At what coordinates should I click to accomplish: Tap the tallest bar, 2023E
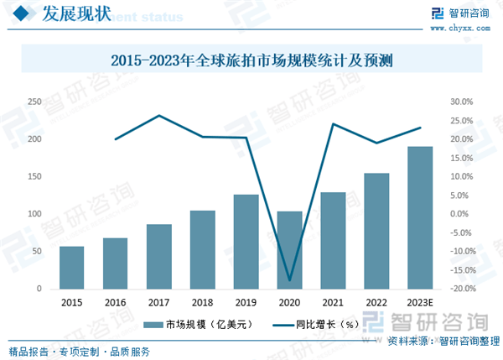pyautogui.click(x=420, y=218)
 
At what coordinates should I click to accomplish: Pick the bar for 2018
pyautogui.click(x=202, y=249)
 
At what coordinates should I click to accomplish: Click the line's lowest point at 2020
pyautogui.click(x=289, y=280)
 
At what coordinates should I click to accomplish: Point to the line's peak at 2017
pyautogui.click(x=159, y=116)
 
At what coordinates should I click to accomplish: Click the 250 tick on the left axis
pyautogui.click(x=34, y=102)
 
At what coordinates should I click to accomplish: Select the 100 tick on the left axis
pyautogui.click(x=34, y=214)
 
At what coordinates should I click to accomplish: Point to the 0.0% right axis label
pyautogui.click(x=464, y=214)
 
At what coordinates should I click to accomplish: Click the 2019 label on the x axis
pyautogui.click(x=246, y=302)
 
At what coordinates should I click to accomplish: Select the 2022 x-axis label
pyautogui.click(x=376, y=302)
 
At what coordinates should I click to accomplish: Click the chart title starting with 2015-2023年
pyautogui.click(x=251, y=60)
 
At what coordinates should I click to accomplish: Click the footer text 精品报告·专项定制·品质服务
pyautogui.click(x=79, y=351)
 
